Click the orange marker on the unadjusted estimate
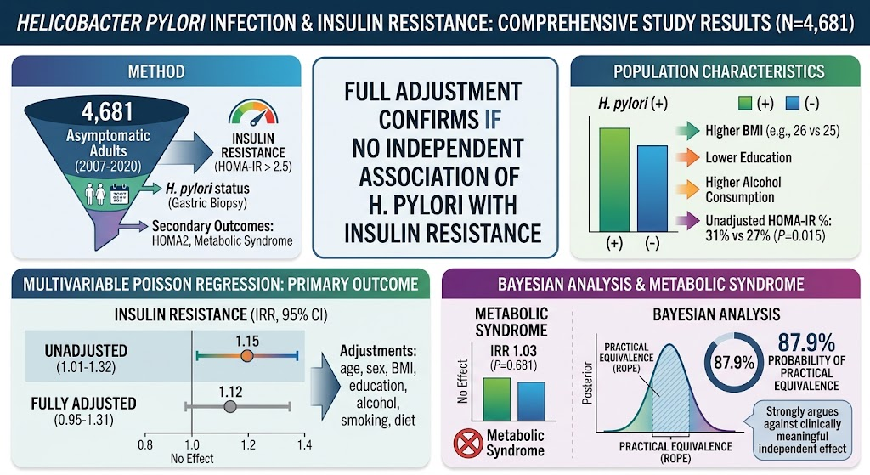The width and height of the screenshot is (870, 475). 247,356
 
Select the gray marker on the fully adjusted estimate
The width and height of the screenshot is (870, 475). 230,407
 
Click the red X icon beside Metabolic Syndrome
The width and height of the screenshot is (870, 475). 468,444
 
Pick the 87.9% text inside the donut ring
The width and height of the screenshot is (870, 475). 733,363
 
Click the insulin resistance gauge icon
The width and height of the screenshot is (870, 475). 253,112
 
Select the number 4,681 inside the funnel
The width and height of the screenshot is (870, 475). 108,112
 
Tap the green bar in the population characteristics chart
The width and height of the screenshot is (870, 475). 614,180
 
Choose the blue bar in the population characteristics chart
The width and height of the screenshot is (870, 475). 652,189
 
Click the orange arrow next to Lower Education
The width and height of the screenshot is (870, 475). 688,157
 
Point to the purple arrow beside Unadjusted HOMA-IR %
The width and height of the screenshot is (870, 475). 688,220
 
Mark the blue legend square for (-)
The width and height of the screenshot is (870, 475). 793,103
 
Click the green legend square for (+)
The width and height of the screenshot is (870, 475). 745,103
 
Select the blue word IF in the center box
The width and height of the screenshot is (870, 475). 493,119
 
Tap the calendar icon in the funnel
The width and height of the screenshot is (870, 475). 119,195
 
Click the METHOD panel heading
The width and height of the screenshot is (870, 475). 156,71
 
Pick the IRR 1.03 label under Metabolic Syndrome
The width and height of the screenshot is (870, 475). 513,351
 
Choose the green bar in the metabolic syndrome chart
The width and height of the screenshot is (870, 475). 496,399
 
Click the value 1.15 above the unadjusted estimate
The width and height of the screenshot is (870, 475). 247,341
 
